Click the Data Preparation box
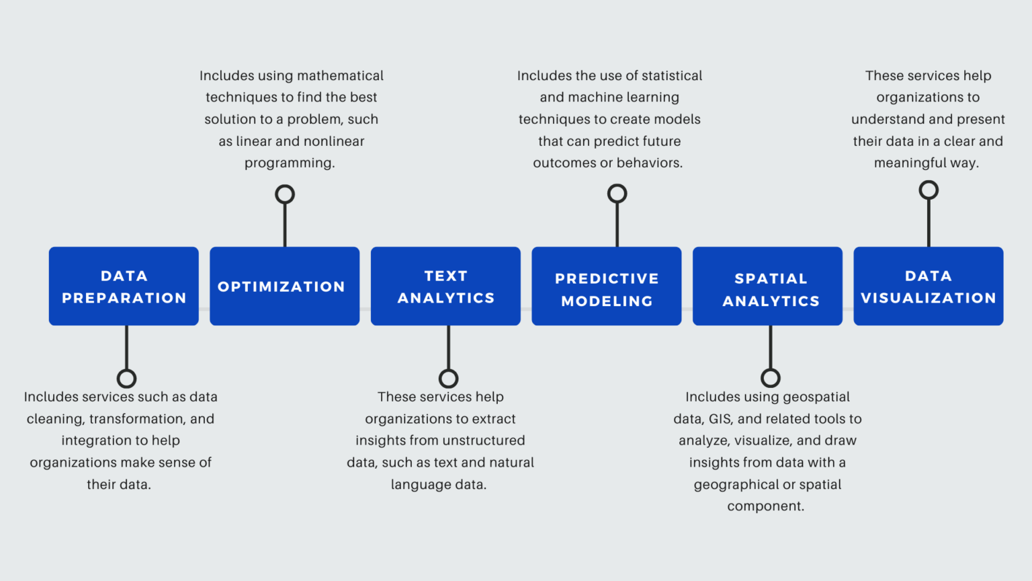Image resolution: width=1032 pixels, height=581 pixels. [124, 286]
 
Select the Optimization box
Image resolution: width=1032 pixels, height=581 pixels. [284, 286]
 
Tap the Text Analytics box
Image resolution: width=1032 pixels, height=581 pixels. [445, 286]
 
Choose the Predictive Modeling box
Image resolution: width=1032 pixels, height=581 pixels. [606, 286]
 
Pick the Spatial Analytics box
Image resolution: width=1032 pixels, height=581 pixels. [767, 286]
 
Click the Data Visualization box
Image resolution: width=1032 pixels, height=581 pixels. [929, 286]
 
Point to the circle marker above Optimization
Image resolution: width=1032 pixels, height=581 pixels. [285, 194]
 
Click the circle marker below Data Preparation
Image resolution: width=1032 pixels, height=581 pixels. [126, 379]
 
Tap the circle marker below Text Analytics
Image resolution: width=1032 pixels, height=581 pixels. [448, 379]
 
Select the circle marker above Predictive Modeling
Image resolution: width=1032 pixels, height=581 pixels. [617, 194]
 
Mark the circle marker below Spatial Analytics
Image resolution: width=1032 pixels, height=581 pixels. [771, 378]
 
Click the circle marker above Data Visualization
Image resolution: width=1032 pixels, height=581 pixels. [929, 190]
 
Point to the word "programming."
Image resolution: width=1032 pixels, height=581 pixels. [290, 163]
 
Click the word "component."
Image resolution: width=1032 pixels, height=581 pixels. [765, 506]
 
